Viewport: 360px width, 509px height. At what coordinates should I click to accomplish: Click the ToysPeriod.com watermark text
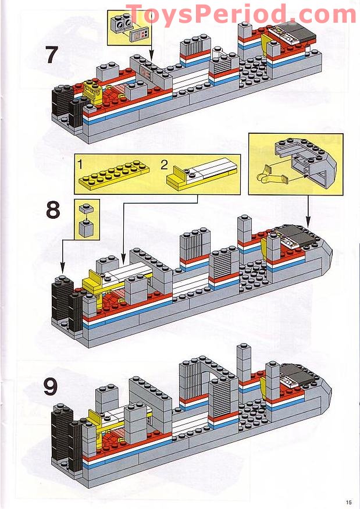(x=241, y=14)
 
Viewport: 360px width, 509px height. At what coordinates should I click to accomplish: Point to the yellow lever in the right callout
(x=265, y=174)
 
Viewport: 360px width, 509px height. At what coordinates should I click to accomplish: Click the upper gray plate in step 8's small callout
(x=87, y=208)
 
